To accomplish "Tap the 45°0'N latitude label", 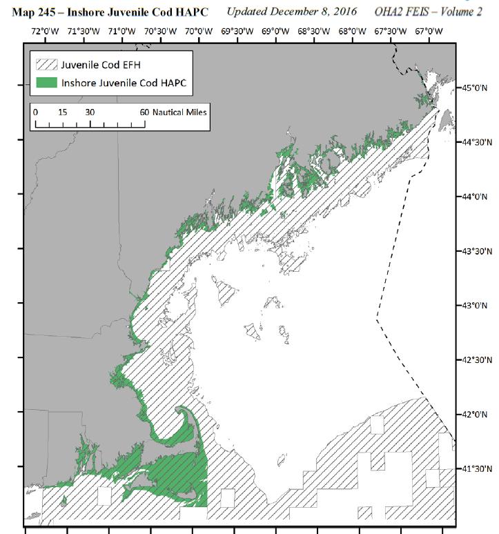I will [475, 88].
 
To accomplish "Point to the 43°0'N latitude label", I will [475, 305].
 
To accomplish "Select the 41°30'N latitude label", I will [477, 468].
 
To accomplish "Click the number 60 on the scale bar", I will [144, 112].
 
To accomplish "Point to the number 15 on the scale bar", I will [63, 112].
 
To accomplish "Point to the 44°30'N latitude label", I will [477, 142].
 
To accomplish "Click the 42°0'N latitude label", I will [475, 414].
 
